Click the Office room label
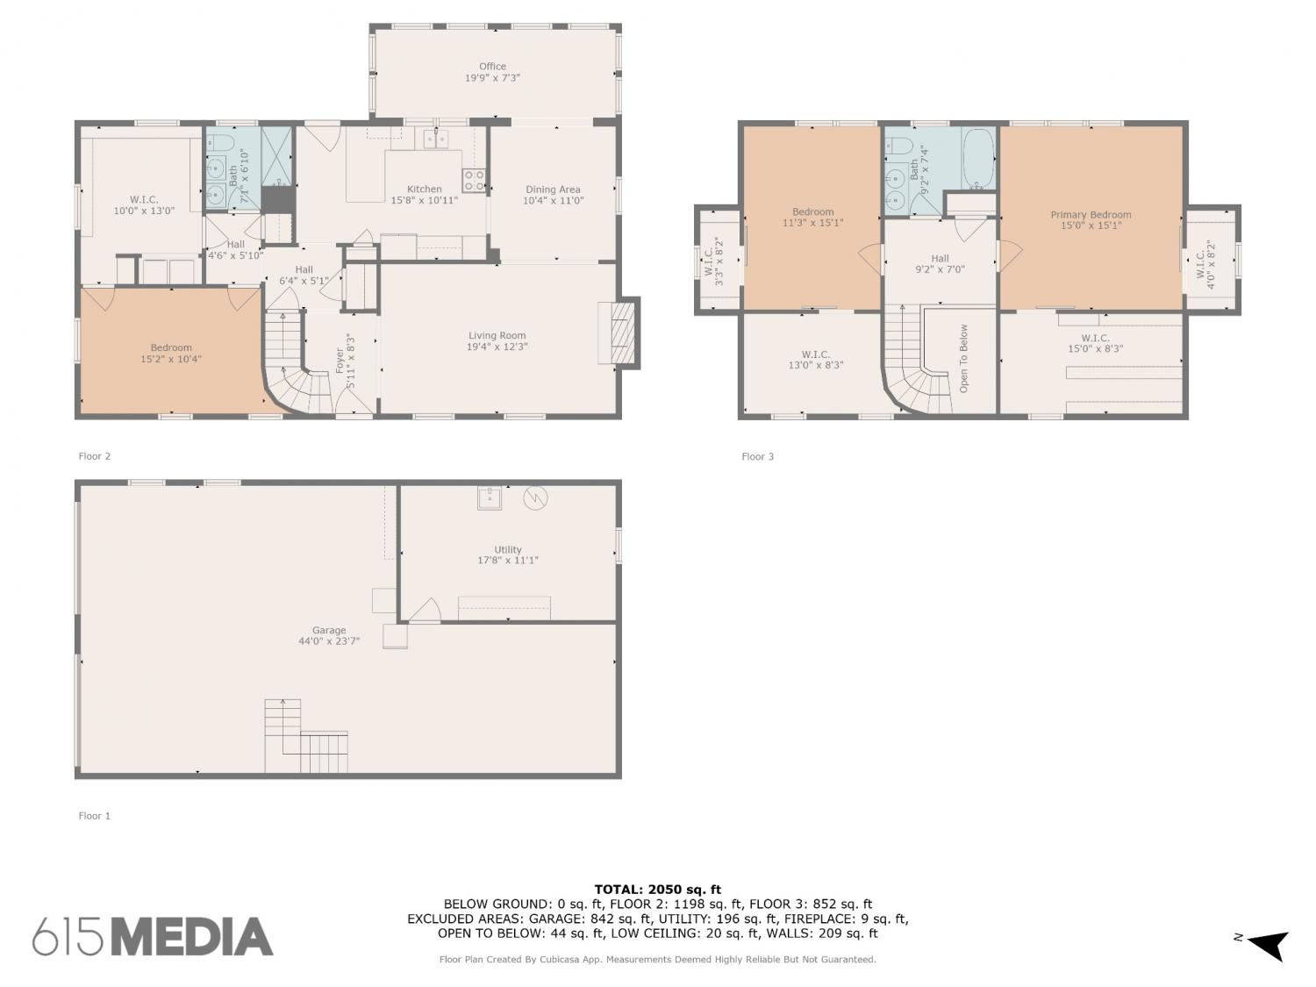(491, 67)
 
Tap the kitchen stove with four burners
(473, 180)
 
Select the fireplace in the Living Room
(618, 333)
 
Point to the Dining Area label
(552, 190)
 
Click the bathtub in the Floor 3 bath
(978, 159)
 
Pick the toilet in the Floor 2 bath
(219, 143)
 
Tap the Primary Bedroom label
(1091, 215)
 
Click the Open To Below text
(963, 358)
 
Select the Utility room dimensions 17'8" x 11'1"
(507, 561)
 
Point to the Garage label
(328, 631)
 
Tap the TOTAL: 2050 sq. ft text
(658, 890)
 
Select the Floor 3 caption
(757, 456)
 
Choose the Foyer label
(340, 361)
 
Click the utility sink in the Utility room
(490, 498)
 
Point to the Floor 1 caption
(94, 816)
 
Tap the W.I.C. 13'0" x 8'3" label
(815, 360)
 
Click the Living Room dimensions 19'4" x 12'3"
(497, 347)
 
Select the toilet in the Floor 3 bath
(899, 146)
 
